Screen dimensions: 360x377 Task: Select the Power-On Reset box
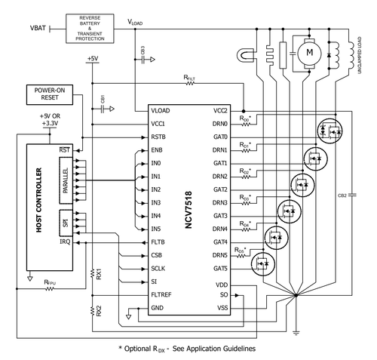[x=51, y=94]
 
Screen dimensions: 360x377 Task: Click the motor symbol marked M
[x=307, y=52]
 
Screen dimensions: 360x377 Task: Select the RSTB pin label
[x=158, y=137]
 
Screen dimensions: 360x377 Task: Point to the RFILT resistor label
[x=189, y=77]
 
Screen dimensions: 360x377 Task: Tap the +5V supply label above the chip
[x=92, y=58]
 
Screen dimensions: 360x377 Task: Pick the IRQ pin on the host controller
[x=66, y=242]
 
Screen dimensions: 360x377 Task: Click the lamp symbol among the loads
[x=244, y=55]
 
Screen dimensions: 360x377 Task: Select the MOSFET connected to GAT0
[x=329, y=129]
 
